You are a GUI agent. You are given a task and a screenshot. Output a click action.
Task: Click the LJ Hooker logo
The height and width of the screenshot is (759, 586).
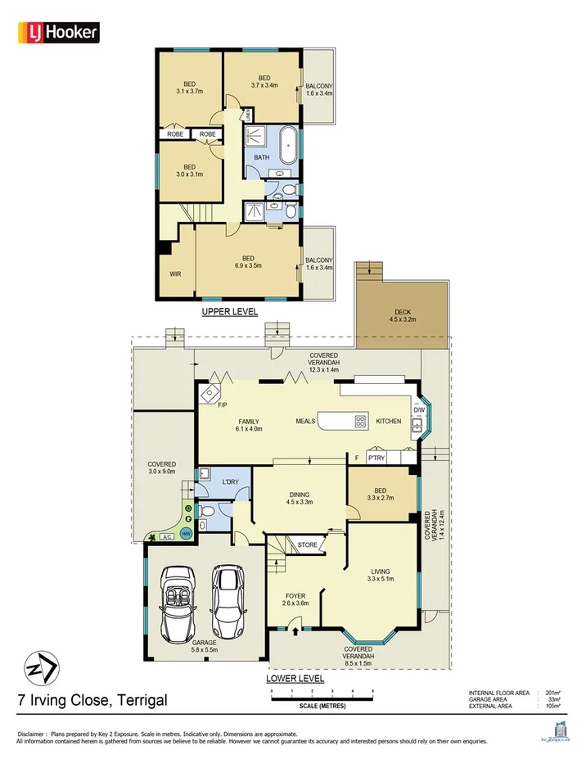point(58,32)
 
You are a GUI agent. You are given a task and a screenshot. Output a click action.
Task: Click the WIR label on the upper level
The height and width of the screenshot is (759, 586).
point(175,274)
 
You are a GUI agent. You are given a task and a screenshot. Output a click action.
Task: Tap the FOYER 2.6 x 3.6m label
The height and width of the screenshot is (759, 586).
point(295,599)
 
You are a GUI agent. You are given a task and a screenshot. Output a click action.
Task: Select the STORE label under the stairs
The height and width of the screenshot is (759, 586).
point(307,544)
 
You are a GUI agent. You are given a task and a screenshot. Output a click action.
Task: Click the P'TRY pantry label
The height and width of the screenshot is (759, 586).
point(376,459)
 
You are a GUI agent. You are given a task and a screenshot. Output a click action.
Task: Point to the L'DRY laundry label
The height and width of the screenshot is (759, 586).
point(231,482)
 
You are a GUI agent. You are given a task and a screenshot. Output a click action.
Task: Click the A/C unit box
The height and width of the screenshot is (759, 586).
point(166,537)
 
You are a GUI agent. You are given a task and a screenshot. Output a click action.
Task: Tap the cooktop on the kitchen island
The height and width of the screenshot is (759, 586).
point(360,422)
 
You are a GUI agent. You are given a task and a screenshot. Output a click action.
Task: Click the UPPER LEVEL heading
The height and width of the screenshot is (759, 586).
point(229,312)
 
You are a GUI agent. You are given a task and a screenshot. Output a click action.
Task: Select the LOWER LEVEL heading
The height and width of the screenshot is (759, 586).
point(295,679)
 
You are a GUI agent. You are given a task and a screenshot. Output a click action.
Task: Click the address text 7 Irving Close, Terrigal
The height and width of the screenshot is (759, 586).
point(92,700)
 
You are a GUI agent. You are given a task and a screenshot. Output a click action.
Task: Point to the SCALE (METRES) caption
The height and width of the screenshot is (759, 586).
point(322,705)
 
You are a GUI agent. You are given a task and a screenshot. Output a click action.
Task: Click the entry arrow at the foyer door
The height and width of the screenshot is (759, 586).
point(295,630)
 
